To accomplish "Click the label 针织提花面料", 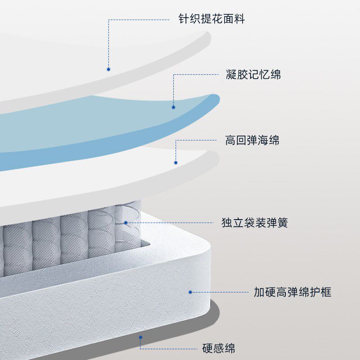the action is pos(211,19).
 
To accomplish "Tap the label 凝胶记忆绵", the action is pos(253,75).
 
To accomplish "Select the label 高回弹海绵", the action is pos(252,141).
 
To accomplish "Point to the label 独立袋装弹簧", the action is pos(254,223).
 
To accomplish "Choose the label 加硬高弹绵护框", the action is pos(292,292).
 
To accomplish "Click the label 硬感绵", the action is pos(218,348).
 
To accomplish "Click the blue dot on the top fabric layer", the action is pos(108,69).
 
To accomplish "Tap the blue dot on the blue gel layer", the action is pos(173,107).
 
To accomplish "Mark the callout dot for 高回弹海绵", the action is pos(176,162).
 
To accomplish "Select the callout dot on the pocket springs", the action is pos(126,223).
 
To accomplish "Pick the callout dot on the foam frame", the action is pos(190,292).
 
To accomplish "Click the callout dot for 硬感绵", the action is pos(140,337).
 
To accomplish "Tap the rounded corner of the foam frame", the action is pos(205,252).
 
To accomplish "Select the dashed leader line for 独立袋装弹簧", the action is pos(171,223).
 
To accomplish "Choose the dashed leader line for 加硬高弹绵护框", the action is pos(220,292).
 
